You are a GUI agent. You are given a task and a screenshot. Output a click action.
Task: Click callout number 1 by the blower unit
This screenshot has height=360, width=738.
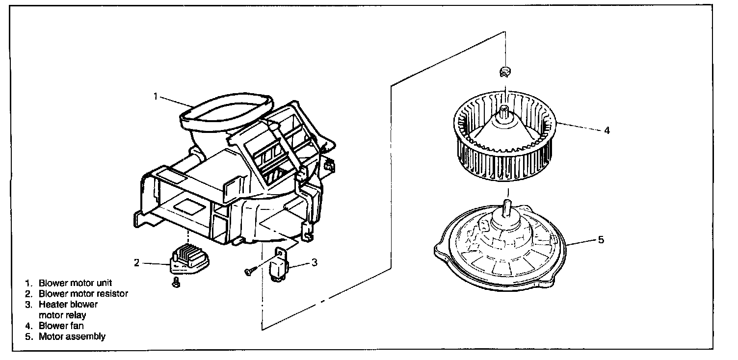(155, 96)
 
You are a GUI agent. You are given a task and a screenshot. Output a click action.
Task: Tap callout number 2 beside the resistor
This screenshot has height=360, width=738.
(136, 263)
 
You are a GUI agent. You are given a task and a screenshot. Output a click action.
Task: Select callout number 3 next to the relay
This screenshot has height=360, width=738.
(314, 262)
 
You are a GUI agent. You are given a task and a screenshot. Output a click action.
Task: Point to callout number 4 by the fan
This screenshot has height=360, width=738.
(607, 131)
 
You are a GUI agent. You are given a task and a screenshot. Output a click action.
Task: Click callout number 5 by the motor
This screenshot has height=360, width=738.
(601, 240)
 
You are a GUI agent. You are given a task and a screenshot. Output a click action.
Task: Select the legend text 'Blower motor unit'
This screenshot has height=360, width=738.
(76, 283)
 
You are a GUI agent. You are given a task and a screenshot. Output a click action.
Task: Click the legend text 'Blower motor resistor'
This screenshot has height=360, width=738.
(83, 294)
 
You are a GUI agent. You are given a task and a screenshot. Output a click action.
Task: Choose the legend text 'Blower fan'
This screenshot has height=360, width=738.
(62, 326)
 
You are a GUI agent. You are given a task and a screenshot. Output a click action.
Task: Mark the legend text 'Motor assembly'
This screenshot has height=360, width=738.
(72, 336)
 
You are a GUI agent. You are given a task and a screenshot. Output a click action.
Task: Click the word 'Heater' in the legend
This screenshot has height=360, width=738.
(52, 305)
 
